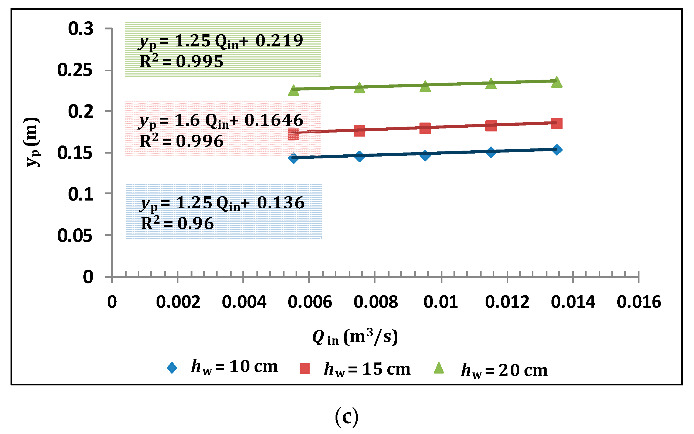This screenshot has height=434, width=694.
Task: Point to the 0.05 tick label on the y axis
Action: (75, 236)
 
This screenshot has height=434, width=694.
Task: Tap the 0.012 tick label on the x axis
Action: (507, 302)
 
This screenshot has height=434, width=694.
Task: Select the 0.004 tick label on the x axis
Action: (244, 302)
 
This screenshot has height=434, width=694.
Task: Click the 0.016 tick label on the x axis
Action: (639, 302)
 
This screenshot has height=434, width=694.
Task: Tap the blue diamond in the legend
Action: (172, 368)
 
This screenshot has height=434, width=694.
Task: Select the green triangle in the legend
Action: (439, 368)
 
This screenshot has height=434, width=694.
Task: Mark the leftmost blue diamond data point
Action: (294, 158)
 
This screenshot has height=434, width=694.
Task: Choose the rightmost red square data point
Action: (557, 123)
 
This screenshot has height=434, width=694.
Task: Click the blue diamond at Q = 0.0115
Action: (491, 152)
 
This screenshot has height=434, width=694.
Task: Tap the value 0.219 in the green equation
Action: (279, 41)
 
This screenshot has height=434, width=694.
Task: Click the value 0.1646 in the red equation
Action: (273, 120)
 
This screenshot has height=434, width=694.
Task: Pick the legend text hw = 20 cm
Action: (504, 370)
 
